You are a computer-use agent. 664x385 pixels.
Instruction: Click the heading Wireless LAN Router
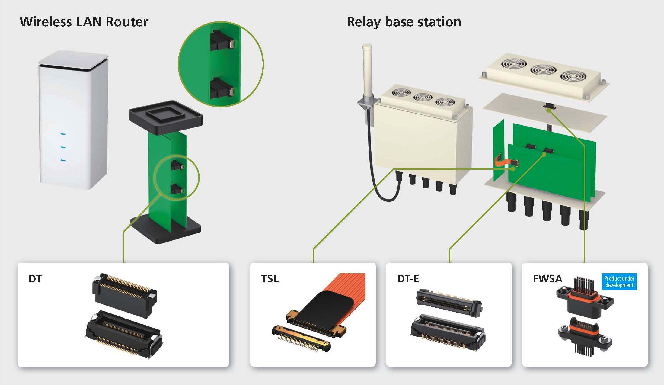tap(84, 22)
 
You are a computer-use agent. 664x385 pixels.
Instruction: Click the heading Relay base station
tap(404, 22)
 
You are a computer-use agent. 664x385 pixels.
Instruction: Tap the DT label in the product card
tap(35, 279)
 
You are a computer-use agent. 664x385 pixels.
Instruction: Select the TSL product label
tap(270, 279)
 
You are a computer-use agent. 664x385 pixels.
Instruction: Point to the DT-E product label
tap(408, 279)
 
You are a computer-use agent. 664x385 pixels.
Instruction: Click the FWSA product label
tap(547, 279)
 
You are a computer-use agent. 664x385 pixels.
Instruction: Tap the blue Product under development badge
tap(619, 282)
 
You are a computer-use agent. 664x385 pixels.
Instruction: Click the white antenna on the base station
tap(367, 72)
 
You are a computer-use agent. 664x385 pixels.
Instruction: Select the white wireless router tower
tap(73, 121)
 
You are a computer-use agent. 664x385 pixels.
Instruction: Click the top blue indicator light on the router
tap(63, 134)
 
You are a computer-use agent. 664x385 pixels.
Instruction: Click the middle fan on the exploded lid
tap(540, 70)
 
